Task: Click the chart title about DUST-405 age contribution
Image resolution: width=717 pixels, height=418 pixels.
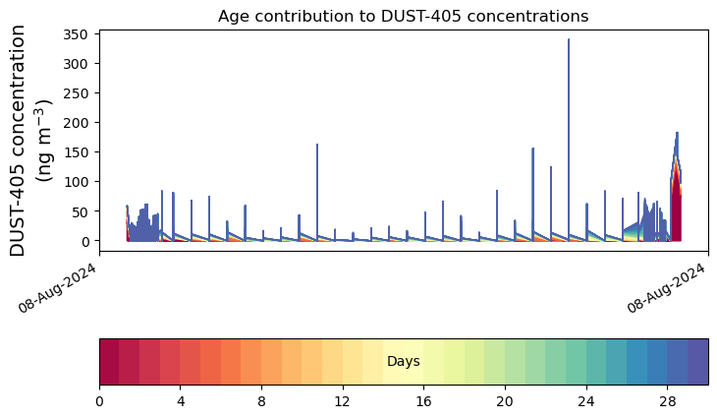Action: [x=403, y=16]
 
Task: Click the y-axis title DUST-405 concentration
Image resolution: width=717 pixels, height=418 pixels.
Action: [x=18, y=140]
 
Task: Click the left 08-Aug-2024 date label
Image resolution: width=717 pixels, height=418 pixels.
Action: [x=57, y=288]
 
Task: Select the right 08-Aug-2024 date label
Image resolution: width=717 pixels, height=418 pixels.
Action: [x=666, y=288]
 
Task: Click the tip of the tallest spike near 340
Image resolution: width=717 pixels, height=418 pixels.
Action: [x=569, y=39]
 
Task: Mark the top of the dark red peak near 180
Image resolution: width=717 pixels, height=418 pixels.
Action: [x=677, y=133]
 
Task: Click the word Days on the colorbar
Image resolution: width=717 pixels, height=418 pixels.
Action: [x=404, y=361]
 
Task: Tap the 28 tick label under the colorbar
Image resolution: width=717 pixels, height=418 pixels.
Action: [x=668, y=401]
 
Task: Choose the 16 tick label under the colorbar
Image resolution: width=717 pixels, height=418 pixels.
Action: [x=424, y=401]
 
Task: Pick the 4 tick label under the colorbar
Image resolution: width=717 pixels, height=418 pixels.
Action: [x=181, y=401]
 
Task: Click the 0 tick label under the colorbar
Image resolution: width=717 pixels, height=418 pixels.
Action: [x=99, y=401]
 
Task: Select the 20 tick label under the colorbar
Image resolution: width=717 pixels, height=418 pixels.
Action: [x=505, y=401]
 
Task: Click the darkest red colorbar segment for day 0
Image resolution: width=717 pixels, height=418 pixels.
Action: [x=110, y=362]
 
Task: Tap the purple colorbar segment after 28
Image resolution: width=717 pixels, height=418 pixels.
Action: [x=698, y=362]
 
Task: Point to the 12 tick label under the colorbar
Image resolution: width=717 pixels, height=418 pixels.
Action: [x=343, y=401]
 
